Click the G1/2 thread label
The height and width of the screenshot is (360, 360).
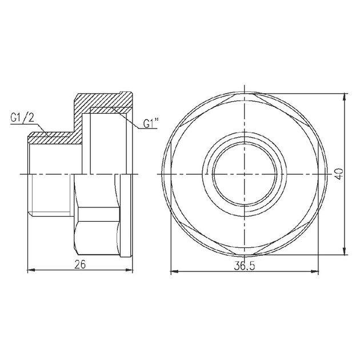point(22,118)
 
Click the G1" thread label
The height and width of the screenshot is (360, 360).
point(151,123)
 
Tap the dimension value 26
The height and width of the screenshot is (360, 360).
point(80,265)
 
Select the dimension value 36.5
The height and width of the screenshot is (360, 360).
point(245,266)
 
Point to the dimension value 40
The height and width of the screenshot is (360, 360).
point(340,174)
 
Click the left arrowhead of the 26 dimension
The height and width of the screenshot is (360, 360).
point(31,270)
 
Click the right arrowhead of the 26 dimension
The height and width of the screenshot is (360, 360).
point(129,270)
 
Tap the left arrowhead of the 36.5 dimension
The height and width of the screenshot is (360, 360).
point(174,272)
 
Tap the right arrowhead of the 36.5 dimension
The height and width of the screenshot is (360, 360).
point(315,272)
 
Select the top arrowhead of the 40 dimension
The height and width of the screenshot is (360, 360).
point(344,97)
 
